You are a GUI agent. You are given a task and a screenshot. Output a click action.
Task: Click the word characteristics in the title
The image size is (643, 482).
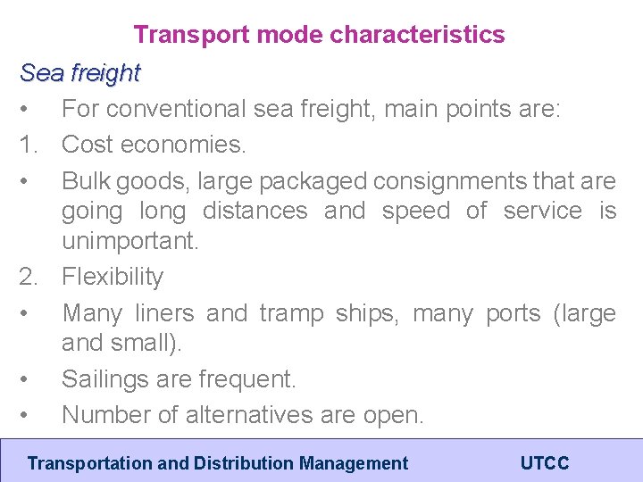pyautogui.click(x=417, y=35)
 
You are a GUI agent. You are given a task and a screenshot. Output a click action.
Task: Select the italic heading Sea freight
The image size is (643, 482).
pyautogui.click(x=80, y=72)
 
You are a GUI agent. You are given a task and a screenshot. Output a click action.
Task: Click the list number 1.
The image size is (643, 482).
pyautogui.click(x=29, y=144)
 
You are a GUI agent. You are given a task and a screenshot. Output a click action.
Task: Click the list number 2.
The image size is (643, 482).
pyautogui.click(x=29, y=277)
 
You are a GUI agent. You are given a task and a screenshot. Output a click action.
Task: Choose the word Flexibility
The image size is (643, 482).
pyautogui.click(x=113, y=277)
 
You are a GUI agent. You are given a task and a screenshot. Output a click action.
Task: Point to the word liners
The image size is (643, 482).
pyautogui.click(x=164, y=313)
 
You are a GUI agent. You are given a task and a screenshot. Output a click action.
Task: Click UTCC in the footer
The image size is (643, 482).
pyautogui.click(x=545, y=463)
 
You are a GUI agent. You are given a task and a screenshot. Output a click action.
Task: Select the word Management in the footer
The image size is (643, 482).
pyautogui.click(x=354, y=463)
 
